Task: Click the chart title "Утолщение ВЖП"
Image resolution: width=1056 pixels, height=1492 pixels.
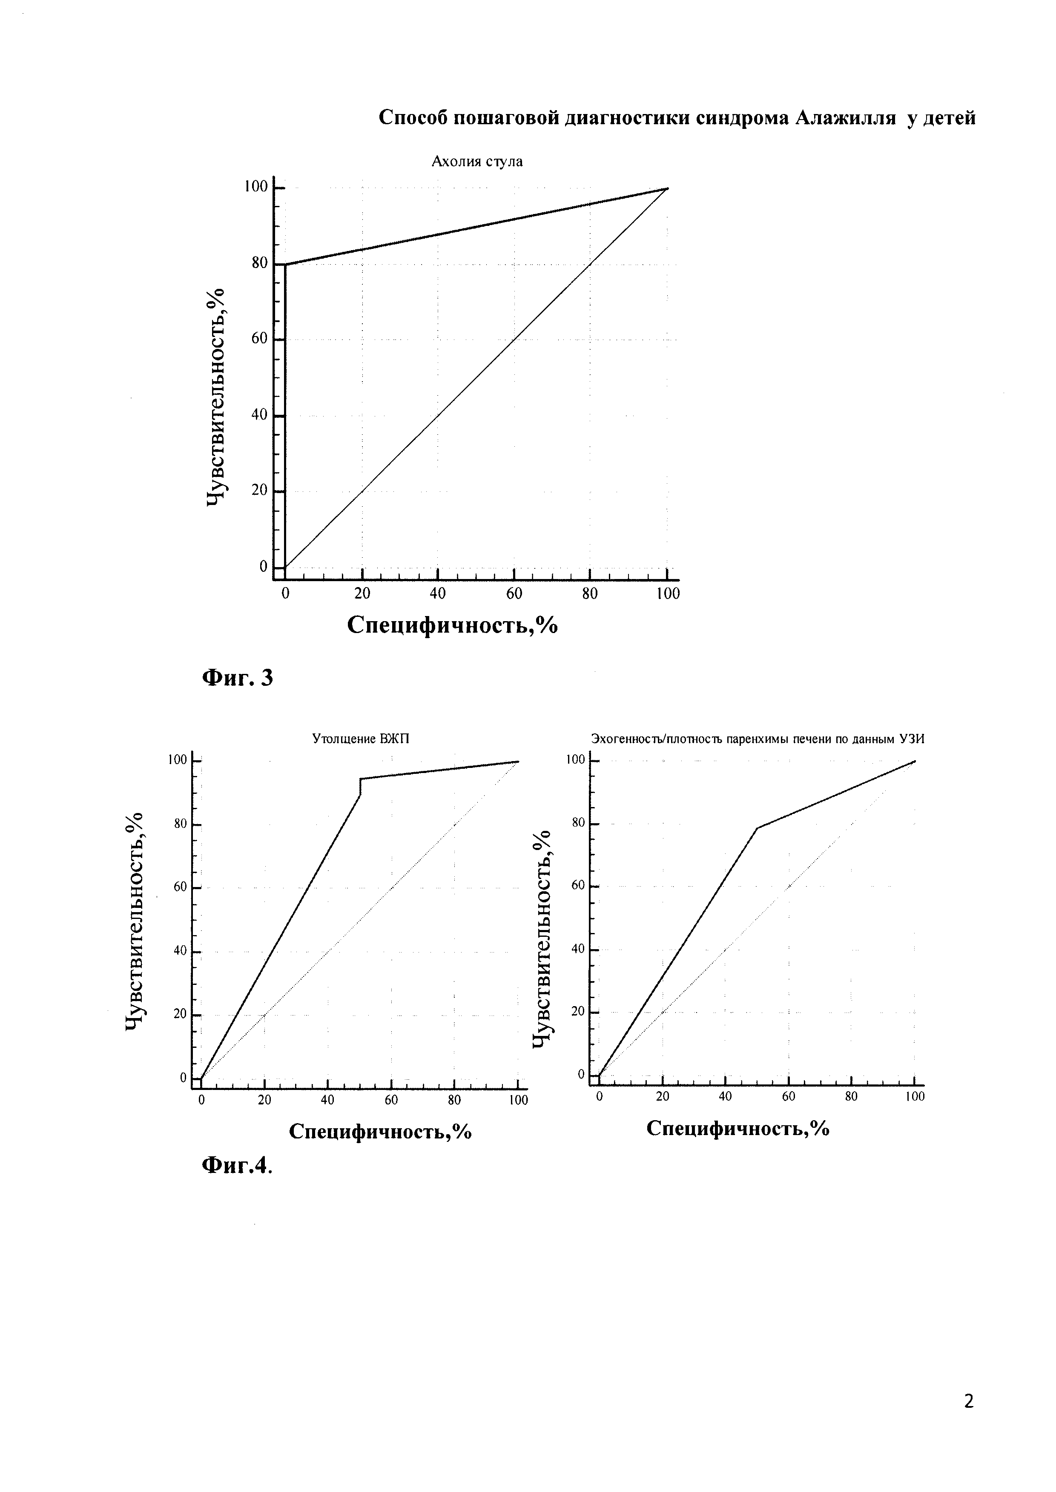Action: click(x=361, y=739)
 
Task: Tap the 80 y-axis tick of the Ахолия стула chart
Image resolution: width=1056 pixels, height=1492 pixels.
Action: click(x=260, y=263)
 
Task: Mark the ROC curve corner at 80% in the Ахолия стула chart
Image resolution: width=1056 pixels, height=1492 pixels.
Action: click(x=285, y=265)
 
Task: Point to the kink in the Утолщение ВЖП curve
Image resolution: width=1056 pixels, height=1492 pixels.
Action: click(x=360, y=779)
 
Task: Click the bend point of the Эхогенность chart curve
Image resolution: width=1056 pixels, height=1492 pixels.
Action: click(x=758, y=828)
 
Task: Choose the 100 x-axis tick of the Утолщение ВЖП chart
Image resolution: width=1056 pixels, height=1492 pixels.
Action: click(x=518, y=1100)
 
